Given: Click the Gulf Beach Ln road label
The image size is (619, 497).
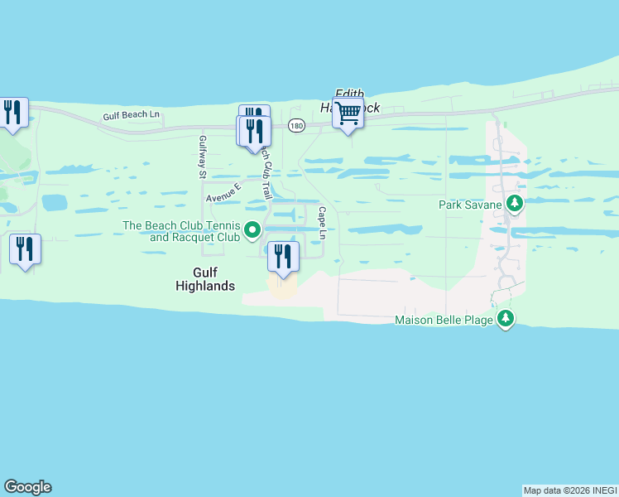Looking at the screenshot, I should (x=132, y=117).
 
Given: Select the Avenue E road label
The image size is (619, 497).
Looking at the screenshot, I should (x=223, y=193).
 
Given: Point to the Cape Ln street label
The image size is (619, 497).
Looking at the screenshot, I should (x=322, y=223).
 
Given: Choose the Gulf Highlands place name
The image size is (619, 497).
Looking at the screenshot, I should (x=205, y=278).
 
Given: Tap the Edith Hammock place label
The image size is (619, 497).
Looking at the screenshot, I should (x=349, y=100).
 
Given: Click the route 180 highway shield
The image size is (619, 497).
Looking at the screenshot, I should (x=296, y=125).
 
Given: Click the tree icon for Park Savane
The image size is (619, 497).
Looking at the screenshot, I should (x=515, y=204).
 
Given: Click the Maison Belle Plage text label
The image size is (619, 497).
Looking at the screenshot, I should (x=444, y=320).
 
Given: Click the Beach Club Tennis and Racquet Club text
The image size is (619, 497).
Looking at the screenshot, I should (x=181, y=231).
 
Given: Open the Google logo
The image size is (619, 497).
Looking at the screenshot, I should (x=28, y=487).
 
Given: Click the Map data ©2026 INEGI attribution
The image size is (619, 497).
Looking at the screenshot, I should (x=570, y=490).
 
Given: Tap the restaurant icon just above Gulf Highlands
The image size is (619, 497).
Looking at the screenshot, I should (x=283, y=256).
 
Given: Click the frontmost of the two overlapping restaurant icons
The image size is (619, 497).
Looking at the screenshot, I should (x=254, y=130).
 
